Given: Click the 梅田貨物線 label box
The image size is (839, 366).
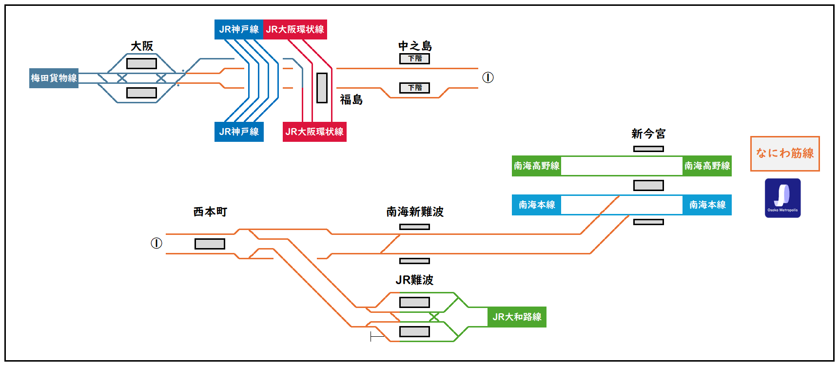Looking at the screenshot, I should pos(54,78).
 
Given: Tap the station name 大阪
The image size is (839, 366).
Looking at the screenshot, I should pos(142,46).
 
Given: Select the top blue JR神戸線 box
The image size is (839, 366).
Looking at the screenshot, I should pos(238,29).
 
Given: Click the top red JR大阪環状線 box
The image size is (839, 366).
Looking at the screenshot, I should pos(295,29).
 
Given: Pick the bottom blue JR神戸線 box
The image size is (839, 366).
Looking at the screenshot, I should pos(239,132).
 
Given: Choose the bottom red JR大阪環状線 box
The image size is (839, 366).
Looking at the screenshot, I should pos(314,132).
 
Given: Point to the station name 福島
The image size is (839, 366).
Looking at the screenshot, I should pos(351,100).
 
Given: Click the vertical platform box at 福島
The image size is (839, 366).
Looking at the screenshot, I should pos(322,88).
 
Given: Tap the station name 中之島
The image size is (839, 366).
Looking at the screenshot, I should pos(415,46).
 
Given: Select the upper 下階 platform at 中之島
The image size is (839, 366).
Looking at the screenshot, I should pos(414,58).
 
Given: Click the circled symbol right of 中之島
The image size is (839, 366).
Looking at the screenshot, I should pos(488,77).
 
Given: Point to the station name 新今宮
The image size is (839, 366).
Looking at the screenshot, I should pos(648,134).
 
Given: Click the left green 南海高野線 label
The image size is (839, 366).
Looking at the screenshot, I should pos(536,166).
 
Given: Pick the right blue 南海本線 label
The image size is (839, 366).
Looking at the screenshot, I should pos(707,205).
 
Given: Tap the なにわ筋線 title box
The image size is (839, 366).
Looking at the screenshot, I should pos(785,154).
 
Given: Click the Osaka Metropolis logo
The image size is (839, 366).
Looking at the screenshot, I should pos(782,198).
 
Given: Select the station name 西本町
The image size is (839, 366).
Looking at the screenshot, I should pos(210,212).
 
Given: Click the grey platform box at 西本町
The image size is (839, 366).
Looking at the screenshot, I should pos(210,244).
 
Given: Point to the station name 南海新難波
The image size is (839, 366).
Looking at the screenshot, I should pos(415,212).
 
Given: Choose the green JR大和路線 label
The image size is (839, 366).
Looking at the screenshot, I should pos(517,317).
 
